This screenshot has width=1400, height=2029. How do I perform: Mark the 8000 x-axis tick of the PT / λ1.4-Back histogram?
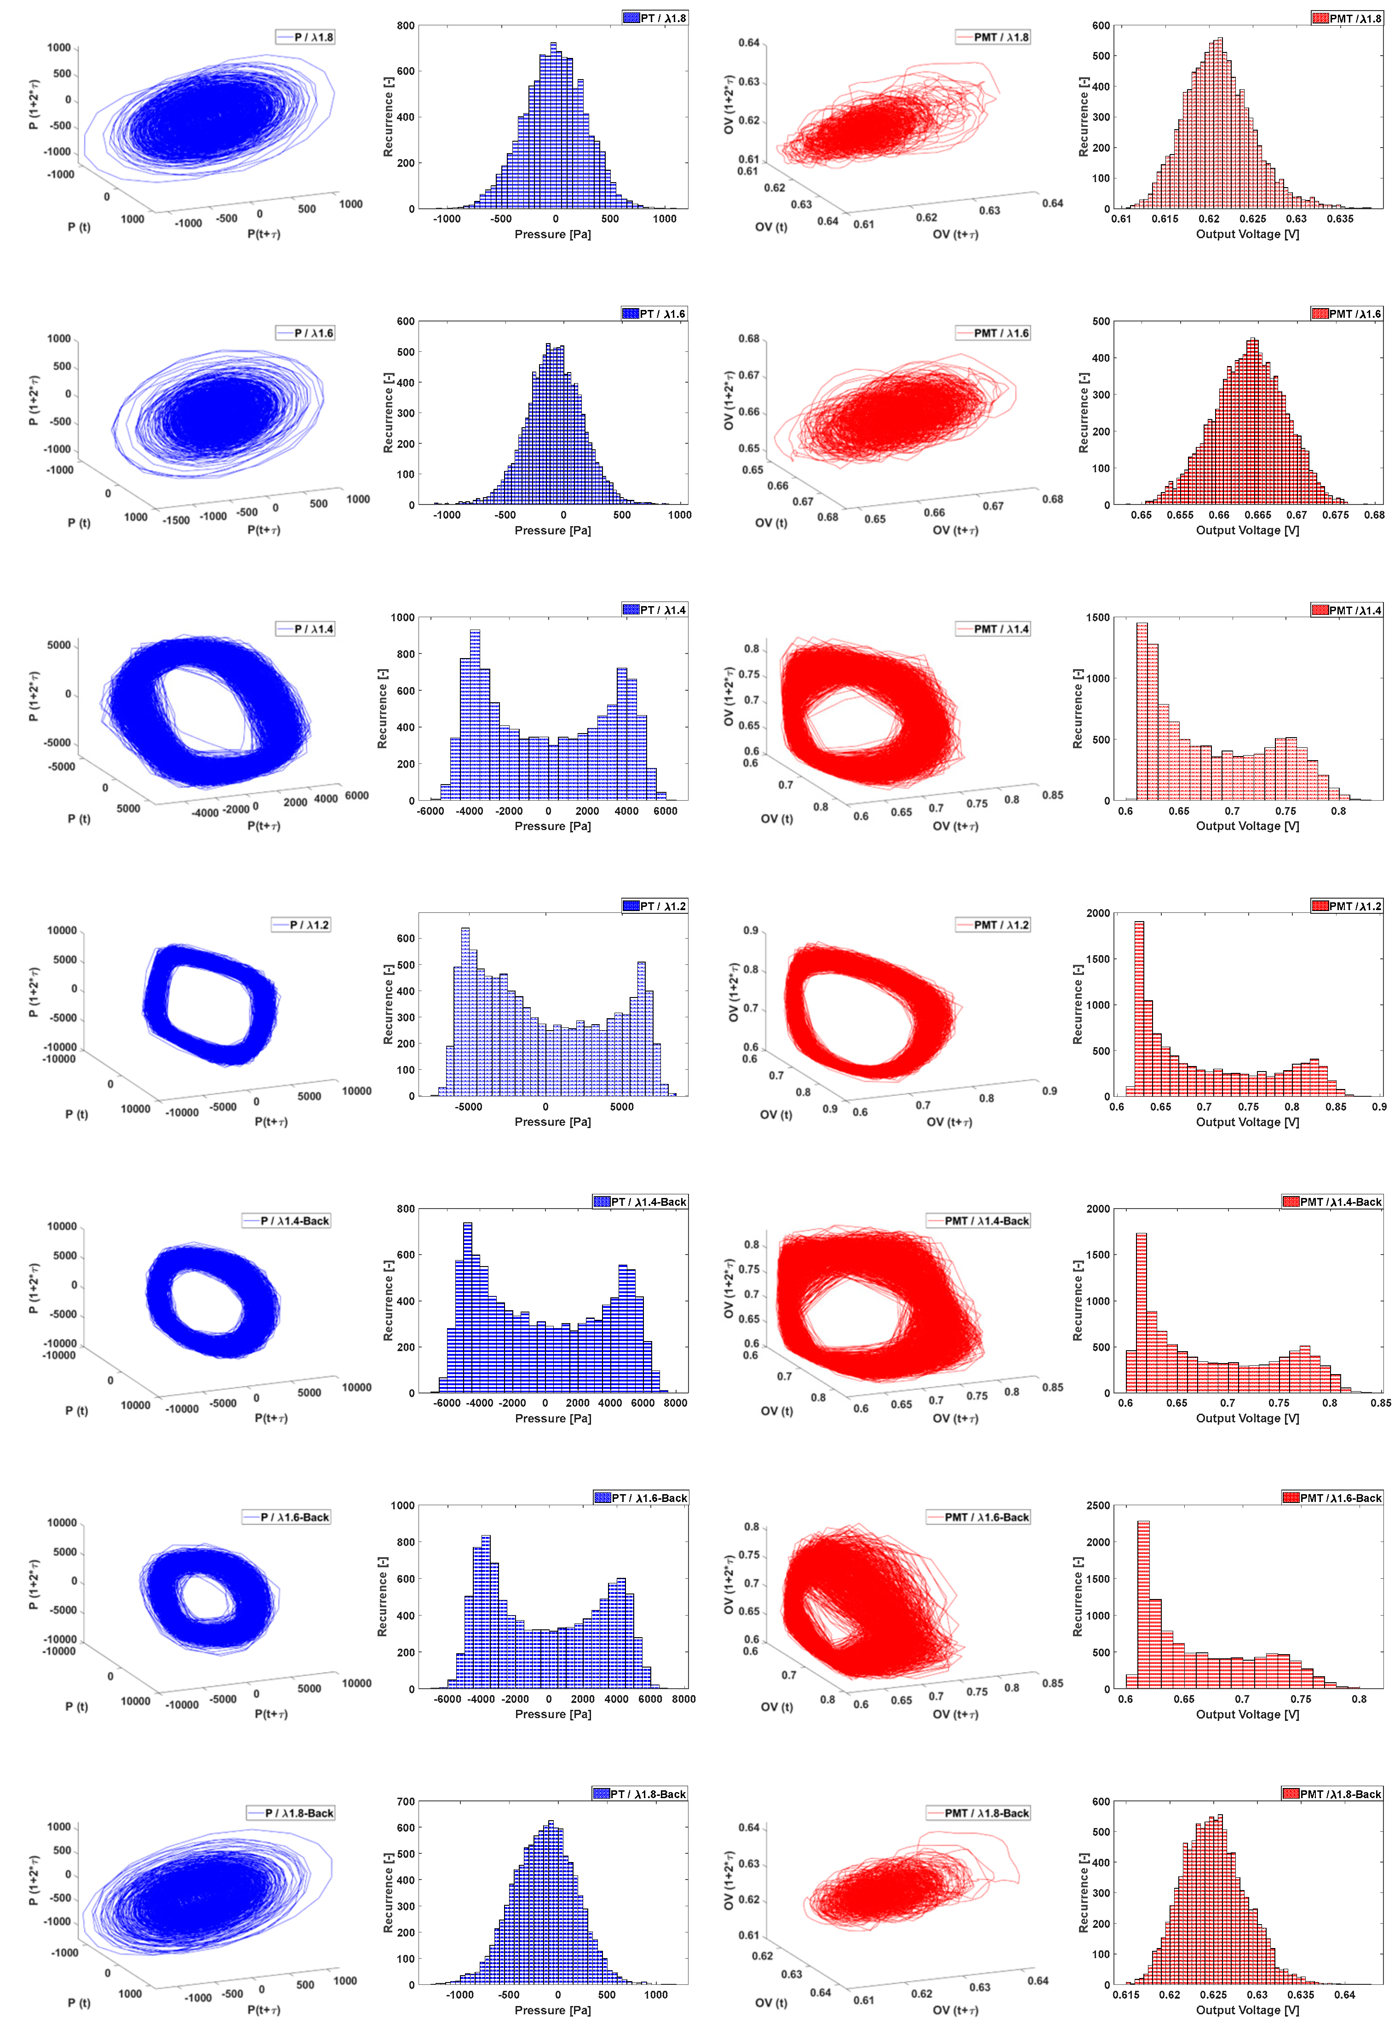[676, 1403]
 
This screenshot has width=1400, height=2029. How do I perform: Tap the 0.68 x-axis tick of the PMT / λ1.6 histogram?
[1375, 515]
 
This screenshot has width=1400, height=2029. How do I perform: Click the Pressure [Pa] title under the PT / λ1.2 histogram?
[553, 1122]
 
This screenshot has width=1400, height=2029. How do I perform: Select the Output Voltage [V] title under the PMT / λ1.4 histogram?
[1247, 826]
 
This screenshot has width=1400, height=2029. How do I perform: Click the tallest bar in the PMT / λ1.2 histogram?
[1139, 1009]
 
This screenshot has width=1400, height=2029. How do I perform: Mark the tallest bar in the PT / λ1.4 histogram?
[475, 715]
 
